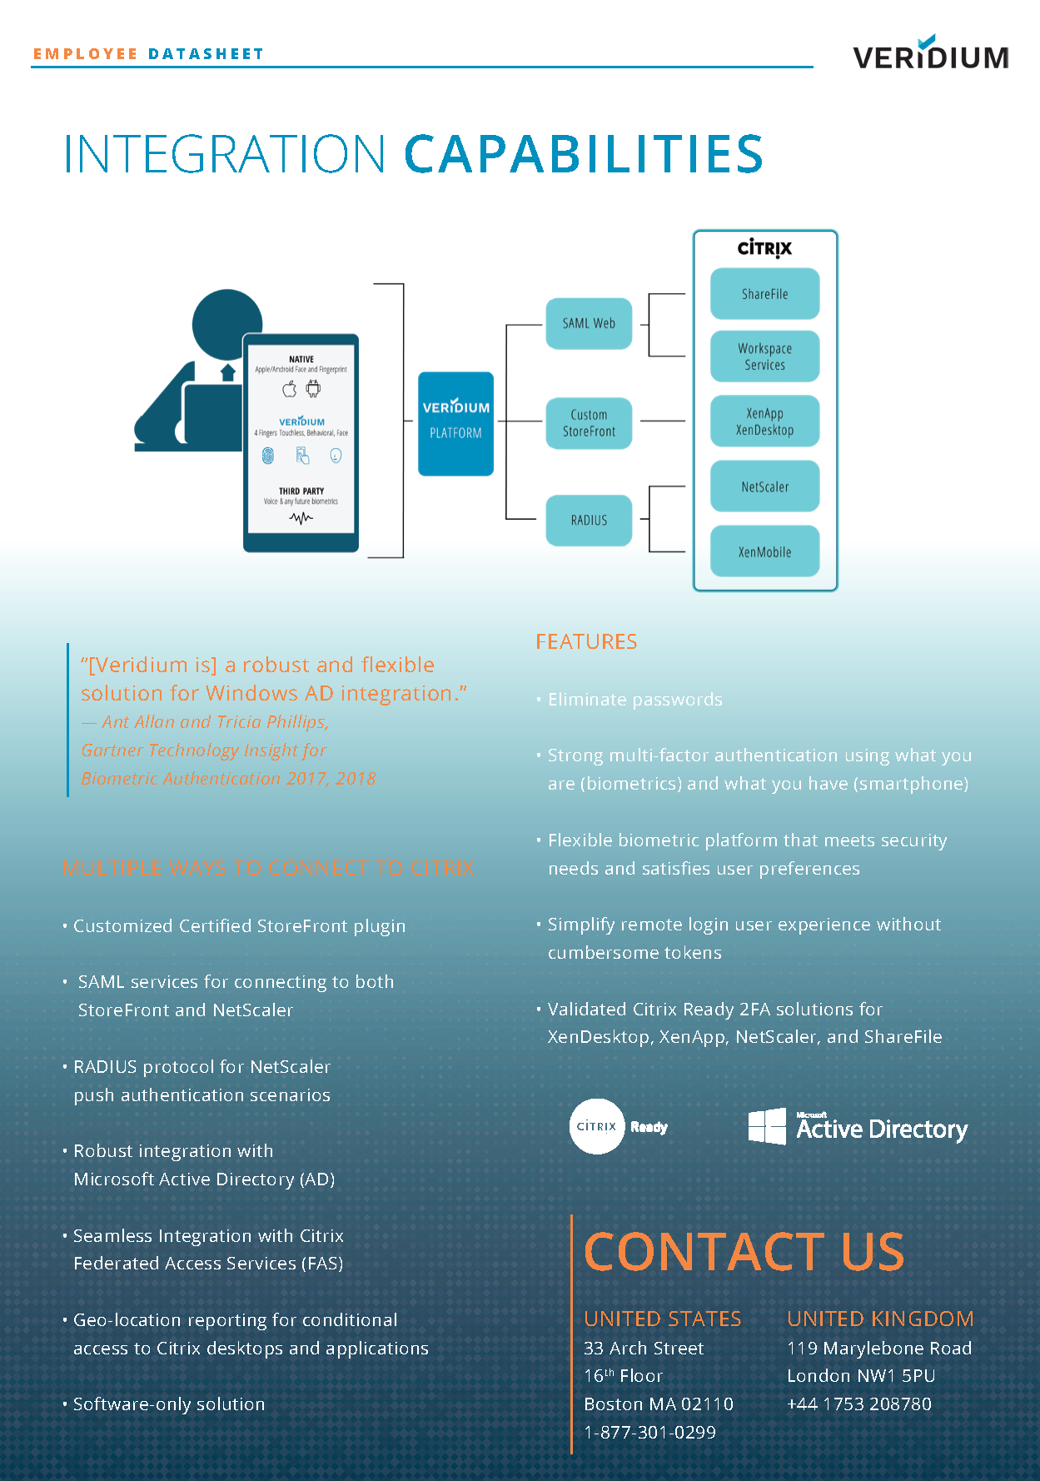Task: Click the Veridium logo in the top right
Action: (930, 54)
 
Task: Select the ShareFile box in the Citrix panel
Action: (764, 294)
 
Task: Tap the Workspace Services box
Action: (764, 357)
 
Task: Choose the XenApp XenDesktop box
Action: (764, 421)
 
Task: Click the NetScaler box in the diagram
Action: (764, 486)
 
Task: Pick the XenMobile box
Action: (764, 551)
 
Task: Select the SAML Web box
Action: (589, 323)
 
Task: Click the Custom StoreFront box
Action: (589, 423)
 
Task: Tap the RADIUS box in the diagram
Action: (589, 520)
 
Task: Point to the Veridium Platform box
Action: (455, 423)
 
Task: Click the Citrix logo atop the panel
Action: (764, 248)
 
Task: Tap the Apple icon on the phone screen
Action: (290, 389)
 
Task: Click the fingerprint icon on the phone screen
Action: (268, 456)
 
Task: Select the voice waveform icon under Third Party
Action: (301, 518)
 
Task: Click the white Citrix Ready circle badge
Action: (596, 1126)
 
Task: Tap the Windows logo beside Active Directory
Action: (767, 1126)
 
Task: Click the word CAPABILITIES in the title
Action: (583, 154)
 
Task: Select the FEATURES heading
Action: (586, 641)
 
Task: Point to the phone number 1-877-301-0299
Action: (649, 1432)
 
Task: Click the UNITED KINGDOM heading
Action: (880, 1319)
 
